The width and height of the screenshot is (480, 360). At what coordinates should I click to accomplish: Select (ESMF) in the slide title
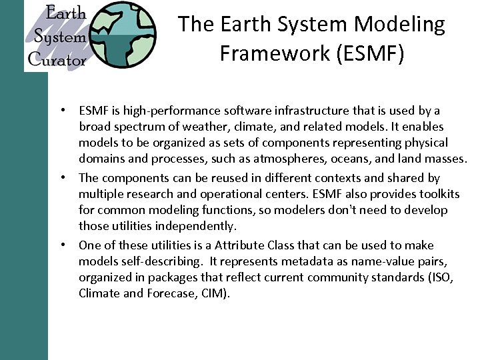[370, 53]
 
